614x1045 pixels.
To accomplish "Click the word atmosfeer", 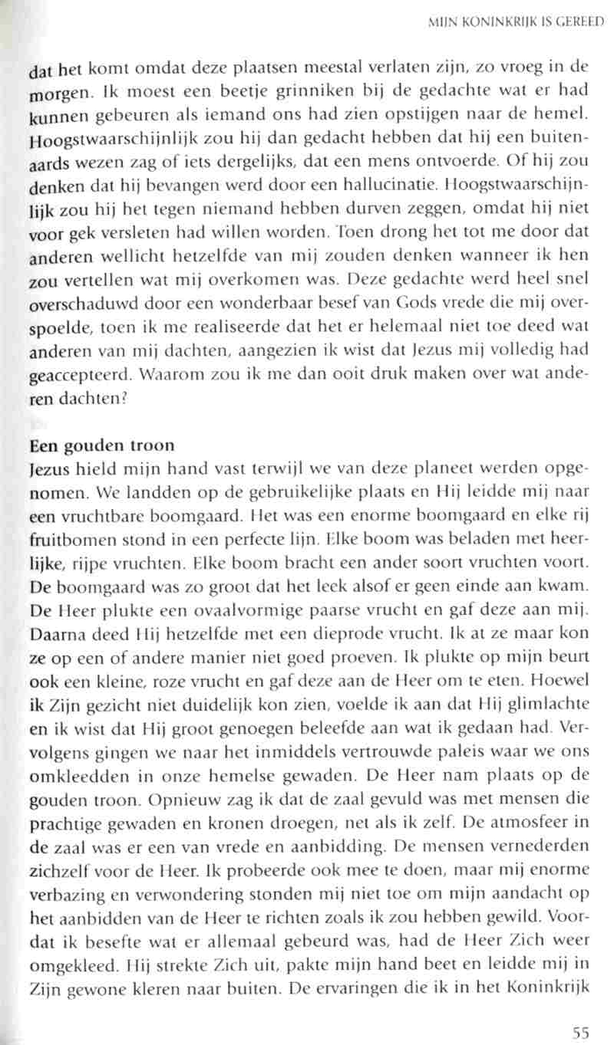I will pos(534,830).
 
